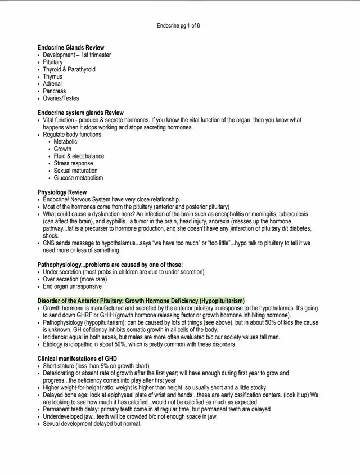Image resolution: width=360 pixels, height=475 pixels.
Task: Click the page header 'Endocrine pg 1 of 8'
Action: pyautogui.click(x=178, y=26)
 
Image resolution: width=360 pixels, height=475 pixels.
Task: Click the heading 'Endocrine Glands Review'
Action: pyautogui.click(x=71, y=48)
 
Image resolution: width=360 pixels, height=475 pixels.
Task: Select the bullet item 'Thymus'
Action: pyautogui.click(x=53, y=77)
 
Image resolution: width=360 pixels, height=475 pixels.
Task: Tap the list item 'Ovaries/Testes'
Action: pyautogui.click(x=61, y=98)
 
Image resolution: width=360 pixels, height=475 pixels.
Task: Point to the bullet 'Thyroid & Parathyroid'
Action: pyautogui.click(x=69, y=70)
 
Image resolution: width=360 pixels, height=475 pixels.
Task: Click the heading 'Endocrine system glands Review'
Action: pyautogui.click(x=80, y=113)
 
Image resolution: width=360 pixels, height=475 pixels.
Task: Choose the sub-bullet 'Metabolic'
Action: pyautogui.click(x=66, y=142)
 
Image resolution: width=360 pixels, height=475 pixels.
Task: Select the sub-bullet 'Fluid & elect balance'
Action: pyautogui.click(x=79, y=156)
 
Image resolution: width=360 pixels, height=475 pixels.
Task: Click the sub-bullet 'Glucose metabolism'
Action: pyautogui.click(x=78, y=178)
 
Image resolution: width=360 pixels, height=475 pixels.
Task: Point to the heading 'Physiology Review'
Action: pyautogui.click(x=62, y=192)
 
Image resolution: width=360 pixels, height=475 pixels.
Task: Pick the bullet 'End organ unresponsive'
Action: pyautogui.click(x=73, y=286)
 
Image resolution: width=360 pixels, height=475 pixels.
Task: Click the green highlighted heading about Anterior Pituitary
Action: pyautogui.click(x=141, y=301)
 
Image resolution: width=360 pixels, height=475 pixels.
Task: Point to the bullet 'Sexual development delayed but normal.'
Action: pyautogui.click(x=92, y=424)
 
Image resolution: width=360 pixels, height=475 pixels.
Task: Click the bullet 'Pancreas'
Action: pyautogui.click(x=55, y=91)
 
